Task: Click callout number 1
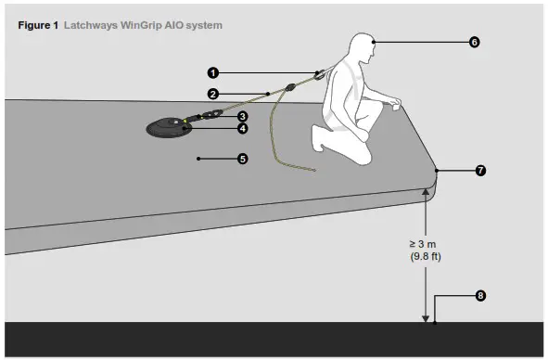212,71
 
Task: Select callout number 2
212,94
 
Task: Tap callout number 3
242,116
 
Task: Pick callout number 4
242,129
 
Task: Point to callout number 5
242,160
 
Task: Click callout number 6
474,43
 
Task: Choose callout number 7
479,172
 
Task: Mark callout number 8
479,297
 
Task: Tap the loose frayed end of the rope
312,171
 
